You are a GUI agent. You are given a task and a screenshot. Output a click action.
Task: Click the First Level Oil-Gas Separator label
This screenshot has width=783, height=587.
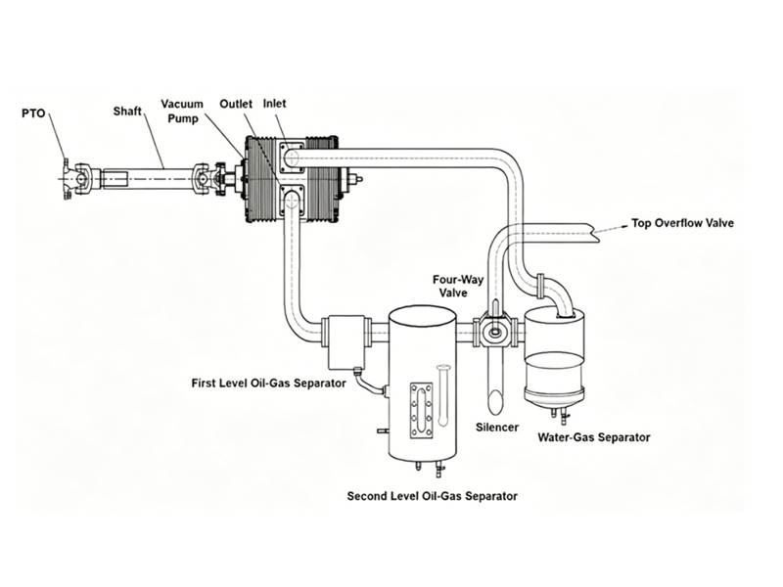(267, 384)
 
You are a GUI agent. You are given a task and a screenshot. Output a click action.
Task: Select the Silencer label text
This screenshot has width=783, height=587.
(496, 428)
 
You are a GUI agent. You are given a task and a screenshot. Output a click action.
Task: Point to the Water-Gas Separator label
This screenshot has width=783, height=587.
(594, 437)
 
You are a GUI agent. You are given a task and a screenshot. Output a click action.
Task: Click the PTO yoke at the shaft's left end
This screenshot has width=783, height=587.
(76, 179)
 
